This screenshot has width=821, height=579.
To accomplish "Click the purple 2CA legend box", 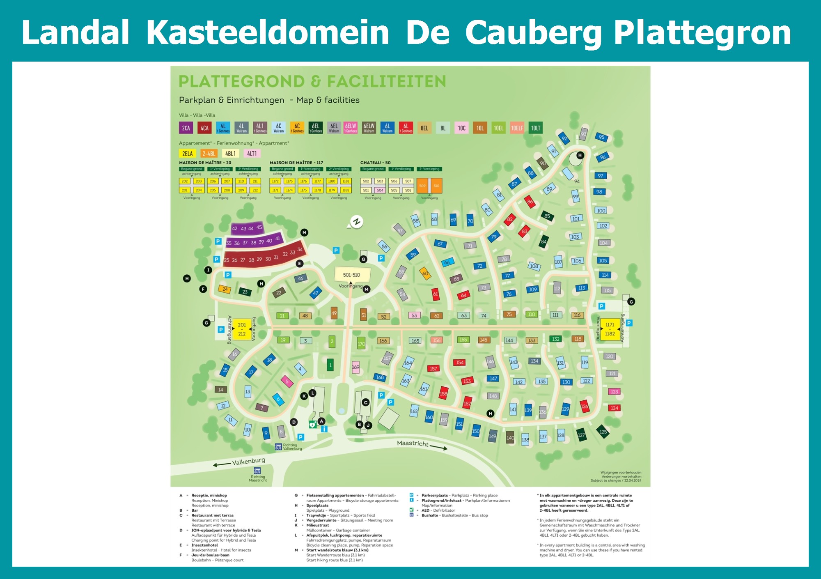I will (186, 128).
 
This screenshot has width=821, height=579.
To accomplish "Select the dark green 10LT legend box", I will (536, 128).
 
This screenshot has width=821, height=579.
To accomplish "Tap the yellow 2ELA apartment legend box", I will (187, 154).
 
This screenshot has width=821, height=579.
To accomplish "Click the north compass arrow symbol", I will (356, 222).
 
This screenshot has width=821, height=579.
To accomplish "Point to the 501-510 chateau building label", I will (351, 275).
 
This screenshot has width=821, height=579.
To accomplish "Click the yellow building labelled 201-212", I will (242, 329).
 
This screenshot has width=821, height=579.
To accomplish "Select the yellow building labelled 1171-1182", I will (610, 329).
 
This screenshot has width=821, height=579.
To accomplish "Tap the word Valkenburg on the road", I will (248, 461).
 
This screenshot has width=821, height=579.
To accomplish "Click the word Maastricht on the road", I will (413, 443).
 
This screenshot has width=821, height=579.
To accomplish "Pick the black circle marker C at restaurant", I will (365, 402).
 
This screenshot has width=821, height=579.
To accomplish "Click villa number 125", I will (603, 432).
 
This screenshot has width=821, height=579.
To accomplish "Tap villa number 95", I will (601, 137).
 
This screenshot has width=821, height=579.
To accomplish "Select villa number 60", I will (425, 273).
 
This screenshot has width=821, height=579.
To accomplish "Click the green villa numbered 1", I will (330, 365).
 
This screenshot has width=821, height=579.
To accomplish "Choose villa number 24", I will (225, 289).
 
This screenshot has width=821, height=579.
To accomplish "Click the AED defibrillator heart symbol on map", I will (312, 425).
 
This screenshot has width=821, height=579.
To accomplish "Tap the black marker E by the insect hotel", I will (300, 264).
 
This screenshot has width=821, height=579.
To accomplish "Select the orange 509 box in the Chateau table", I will (422, 186).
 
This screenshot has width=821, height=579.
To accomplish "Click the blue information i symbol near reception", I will (324, 429).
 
